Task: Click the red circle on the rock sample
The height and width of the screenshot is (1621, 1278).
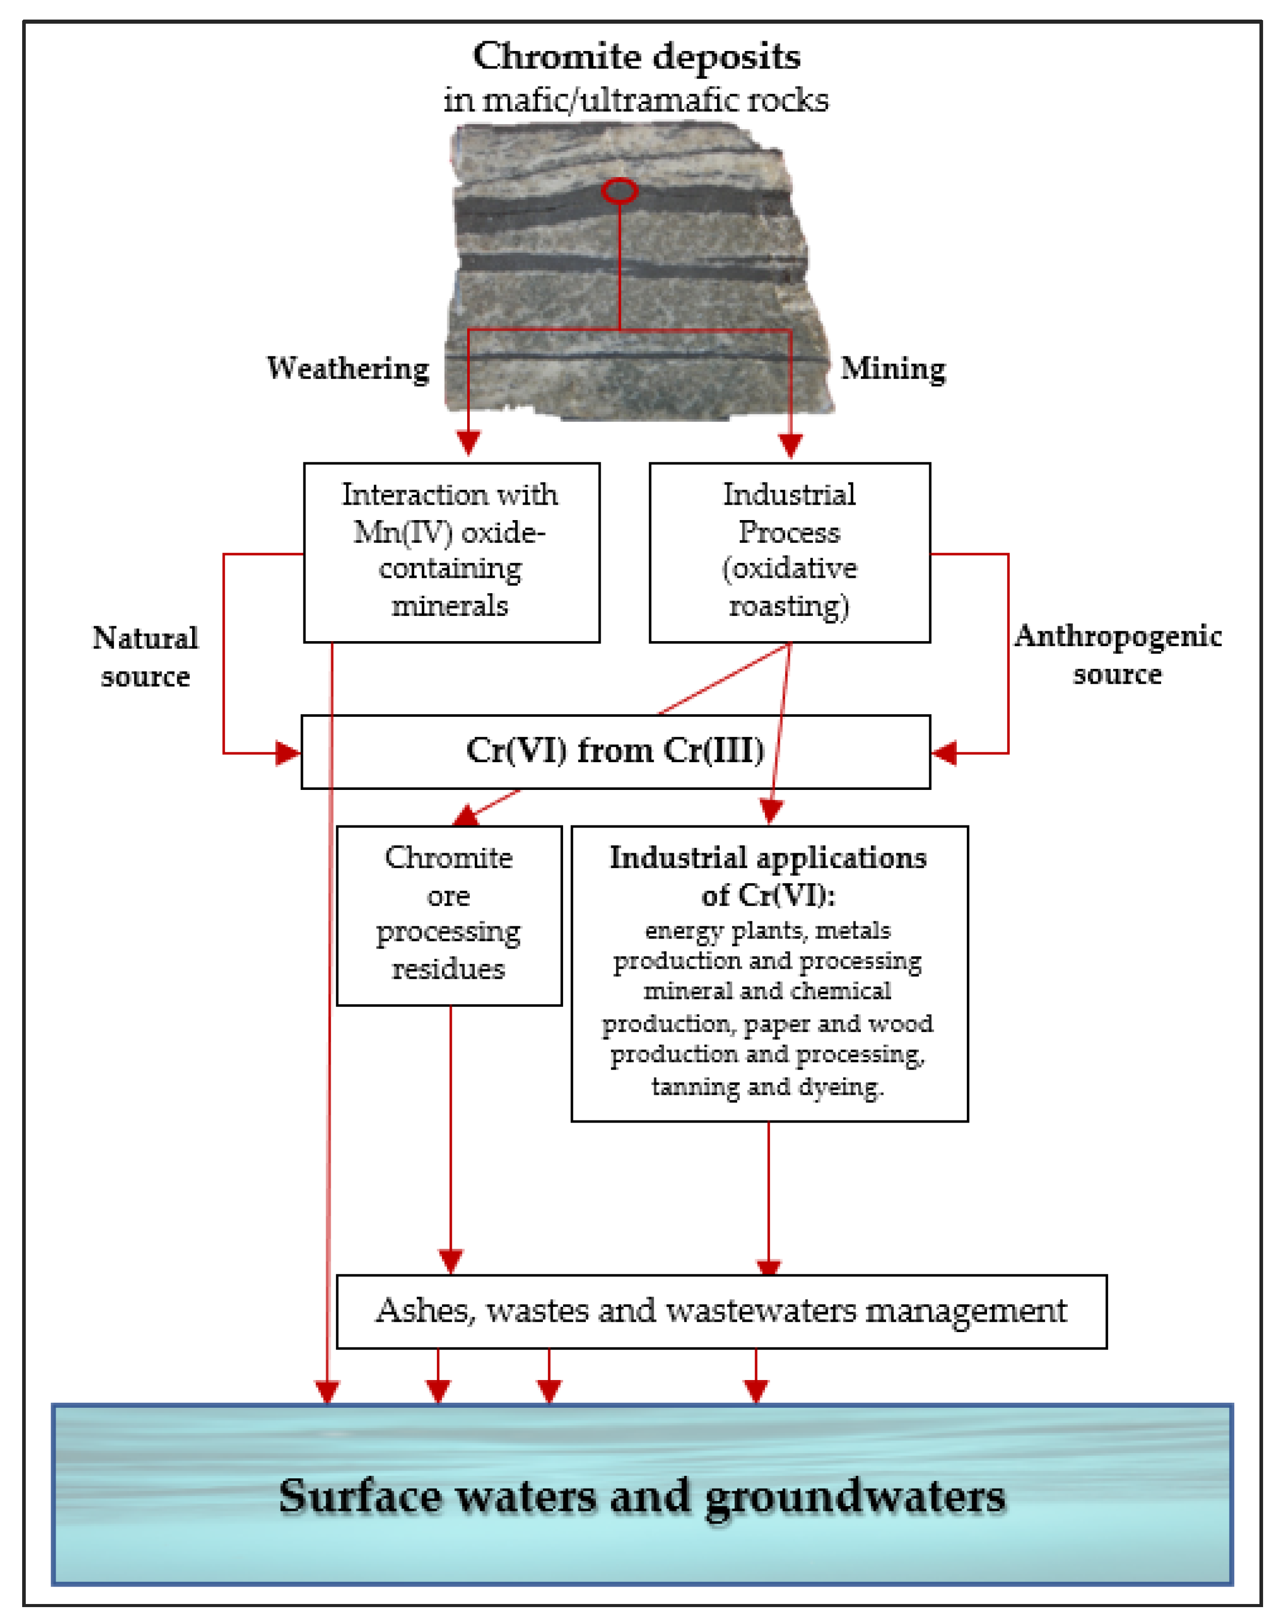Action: [619, 191]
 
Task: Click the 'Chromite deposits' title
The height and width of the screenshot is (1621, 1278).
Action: [637, 56]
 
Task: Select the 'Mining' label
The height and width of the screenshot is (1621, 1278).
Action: [893, 368]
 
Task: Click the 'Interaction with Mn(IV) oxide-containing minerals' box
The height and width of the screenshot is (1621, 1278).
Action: [451, 552]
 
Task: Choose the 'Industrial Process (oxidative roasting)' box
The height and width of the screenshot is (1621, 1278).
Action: [789, 552]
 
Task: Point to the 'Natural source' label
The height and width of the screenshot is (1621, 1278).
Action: [145, 657]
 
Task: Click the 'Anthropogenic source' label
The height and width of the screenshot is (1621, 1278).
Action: [1117, 654]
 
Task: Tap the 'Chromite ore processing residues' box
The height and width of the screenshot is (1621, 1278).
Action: [449, 914]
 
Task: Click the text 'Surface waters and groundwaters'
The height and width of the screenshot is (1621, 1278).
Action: [642, 1496]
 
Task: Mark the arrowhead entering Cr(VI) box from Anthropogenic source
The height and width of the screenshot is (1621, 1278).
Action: [944, 752]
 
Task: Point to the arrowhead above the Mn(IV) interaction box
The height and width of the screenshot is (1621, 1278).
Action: [468, 443]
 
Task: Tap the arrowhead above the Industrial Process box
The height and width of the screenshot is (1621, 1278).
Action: [791, 445]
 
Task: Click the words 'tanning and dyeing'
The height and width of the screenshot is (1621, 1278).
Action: [767, 1086]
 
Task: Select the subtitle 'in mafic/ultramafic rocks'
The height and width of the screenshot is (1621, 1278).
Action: [637, 99]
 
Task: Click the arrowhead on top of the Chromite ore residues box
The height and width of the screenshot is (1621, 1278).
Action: [466, 815]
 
